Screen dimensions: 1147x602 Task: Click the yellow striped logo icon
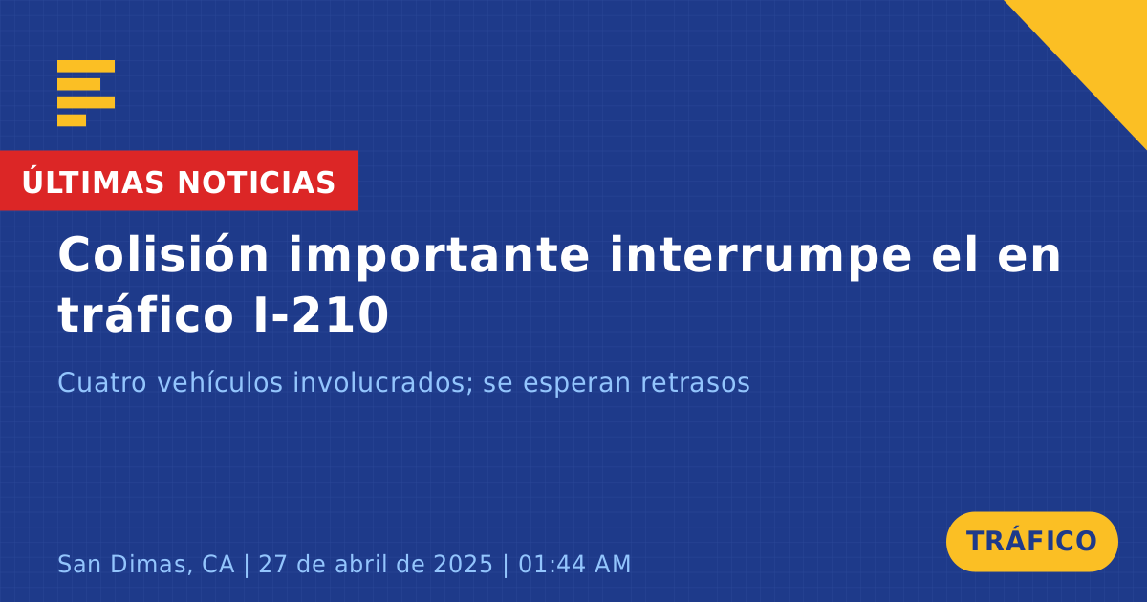click(86, 94)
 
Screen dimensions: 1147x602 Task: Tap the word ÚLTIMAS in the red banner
click(93, 183)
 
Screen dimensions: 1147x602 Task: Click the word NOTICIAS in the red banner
click(256, 183)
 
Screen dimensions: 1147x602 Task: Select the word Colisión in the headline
click(163, 254)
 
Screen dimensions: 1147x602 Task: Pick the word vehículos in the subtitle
click(220, 382)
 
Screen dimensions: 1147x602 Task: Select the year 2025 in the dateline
click(464, 564)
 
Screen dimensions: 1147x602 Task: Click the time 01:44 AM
click(574, 564)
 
